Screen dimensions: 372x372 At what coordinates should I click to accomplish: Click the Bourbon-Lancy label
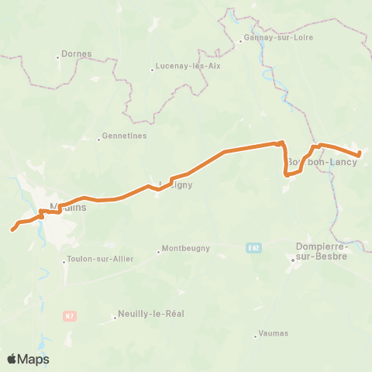coord(322,162)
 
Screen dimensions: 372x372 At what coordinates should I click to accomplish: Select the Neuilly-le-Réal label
coord(151,314)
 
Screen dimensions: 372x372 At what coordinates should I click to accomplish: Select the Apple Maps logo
coord(28,359)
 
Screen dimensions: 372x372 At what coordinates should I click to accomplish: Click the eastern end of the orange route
coord(360,154)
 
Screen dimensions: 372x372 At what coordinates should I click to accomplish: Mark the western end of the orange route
coord(12,229)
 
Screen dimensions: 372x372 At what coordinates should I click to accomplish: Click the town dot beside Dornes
coord(59,57)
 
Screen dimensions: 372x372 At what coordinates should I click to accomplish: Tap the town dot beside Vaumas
coord(255,336)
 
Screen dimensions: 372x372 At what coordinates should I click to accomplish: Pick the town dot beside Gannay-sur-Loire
coord(241,41)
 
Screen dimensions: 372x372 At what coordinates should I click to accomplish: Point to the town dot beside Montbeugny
coord(158,250)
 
